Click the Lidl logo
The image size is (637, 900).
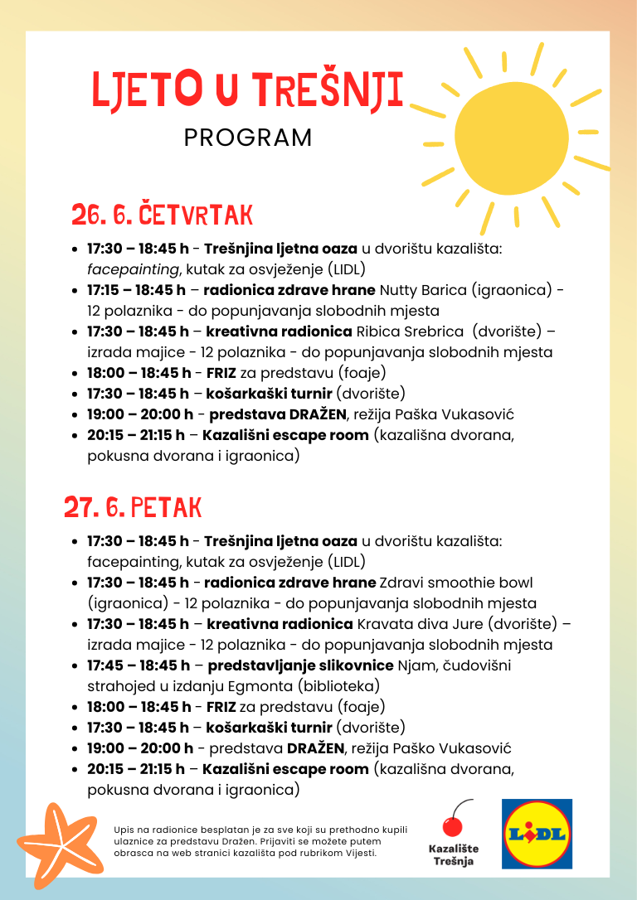537,834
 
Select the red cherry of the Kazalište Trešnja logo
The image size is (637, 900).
452,825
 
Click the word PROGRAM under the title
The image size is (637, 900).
248,138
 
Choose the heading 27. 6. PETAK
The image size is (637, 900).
133,506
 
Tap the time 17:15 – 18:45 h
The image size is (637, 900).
137,290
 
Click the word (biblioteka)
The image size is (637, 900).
340,686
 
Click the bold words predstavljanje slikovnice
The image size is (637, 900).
300,665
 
